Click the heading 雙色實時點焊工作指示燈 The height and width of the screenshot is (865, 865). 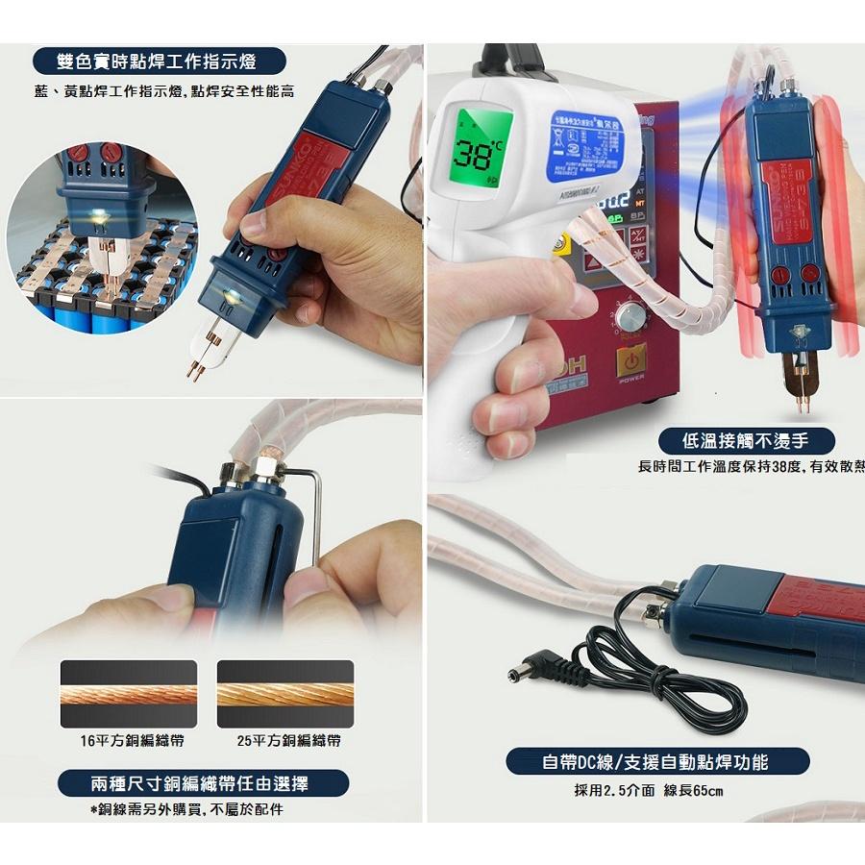tap(159, 62)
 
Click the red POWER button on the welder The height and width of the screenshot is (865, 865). tap(631, 364)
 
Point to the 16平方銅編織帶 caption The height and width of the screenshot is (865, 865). tap(132, 741)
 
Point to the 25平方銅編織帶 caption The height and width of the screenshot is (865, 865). tap(288, 741)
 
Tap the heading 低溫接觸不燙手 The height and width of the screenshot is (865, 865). tap(745, 441)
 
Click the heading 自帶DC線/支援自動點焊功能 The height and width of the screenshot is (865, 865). tap(656, 762)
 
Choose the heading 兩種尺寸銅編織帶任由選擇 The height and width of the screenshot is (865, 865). tap(201, 783)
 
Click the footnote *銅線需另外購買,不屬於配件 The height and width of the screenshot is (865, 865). tap(186, 809)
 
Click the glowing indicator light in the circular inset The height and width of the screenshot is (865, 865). tap(100, 217)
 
